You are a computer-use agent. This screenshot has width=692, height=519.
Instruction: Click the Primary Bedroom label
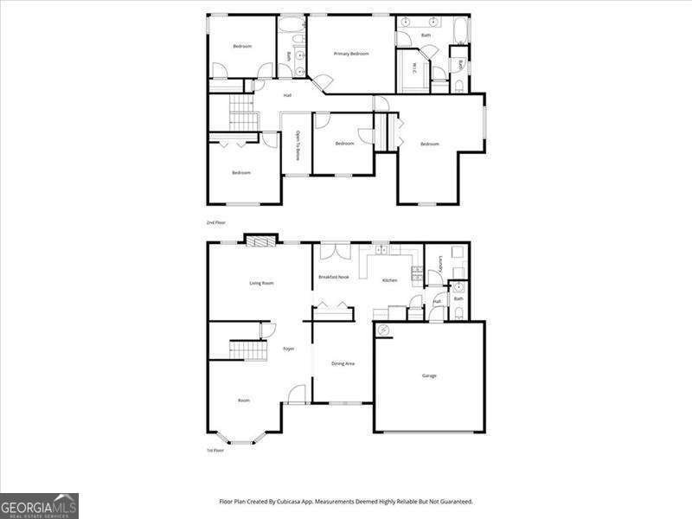pyautogui.click(x=352, y=54)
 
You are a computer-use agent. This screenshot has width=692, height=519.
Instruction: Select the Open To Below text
pyautogui.click(x=298, y=144)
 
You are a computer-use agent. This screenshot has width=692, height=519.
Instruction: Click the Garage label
pyautogui.click(x=429, y=375)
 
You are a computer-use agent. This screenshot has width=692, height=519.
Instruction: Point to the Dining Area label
pyautogui.click(x=343, y=363)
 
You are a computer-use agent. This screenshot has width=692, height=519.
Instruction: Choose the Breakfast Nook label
pyautogui.click(x=333, y=277)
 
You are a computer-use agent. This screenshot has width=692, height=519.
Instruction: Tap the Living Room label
pyautogui.click(x=261, y=283)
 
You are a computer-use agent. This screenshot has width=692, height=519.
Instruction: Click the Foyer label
pyautogui.click(x=289, y=349)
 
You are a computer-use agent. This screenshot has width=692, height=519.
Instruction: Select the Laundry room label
pyautogui.click(x=441, y=263)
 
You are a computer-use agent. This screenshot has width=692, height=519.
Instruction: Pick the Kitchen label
pyautogui.click(x=389, y=280)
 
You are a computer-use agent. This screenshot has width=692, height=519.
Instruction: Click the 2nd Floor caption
pyautogui.click(x=215, y=223)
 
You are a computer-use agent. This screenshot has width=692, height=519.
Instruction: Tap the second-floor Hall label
pyautogui.click(x=286, y=95)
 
